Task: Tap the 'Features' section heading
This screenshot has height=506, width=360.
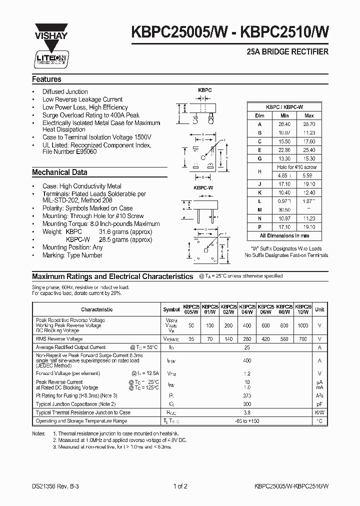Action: pos(46,79)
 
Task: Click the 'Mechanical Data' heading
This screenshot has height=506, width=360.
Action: pos(59,172)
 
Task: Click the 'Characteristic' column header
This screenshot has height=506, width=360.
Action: pos(96,309)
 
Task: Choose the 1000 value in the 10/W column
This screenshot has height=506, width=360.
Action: pos(303,325)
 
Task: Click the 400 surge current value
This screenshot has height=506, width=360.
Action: pos(246,360)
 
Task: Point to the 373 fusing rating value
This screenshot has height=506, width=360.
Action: pos(246,395)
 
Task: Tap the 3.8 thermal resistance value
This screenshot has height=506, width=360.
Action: pos(246,412)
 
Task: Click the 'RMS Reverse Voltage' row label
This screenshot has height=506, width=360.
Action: pos(59,338)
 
